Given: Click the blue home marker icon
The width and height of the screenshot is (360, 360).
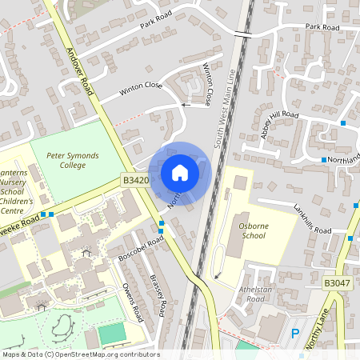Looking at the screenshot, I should click(x=180, y=172).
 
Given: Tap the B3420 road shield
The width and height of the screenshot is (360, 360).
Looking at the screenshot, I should click(x=136, y=182).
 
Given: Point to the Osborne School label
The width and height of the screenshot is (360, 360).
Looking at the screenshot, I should click(x=258, y=232).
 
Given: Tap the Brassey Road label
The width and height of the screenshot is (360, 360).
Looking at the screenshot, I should click(x=158, y=294).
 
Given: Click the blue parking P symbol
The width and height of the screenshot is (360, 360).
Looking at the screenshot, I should click(x=295, y=333).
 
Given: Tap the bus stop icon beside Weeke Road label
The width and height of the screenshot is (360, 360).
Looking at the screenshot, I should click(x=50, y=214).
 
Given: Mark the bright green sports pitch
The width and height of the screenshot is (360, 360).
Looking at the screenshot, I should click(x=114, y=332).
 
